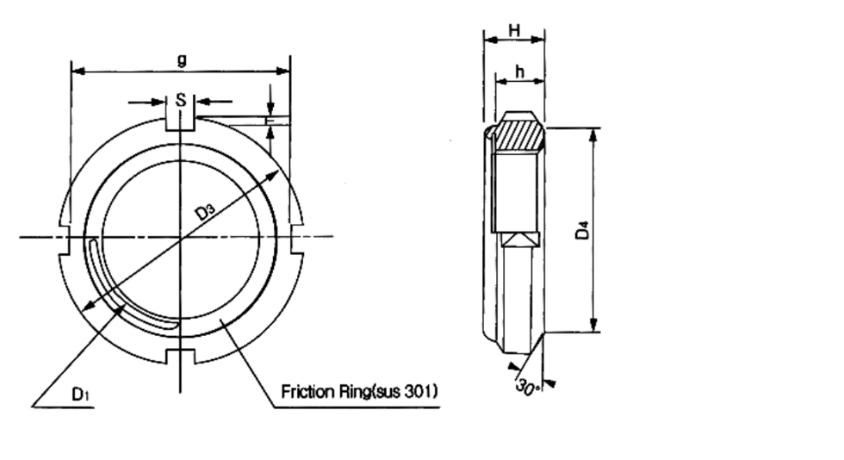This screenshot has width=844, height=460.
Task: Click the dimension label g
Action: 182,59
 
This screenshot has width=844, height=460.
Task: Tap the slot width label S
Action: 181,100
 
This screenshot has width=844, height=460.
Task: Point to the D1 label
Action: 80,395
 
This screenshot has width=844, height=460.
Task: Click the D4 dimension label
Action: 583,231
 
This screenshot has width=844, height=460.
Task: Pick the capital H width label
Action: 515,30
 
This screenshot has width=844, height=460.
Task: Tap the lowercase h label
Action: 519,71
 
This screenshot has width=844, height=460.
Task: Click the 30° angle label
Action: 527,387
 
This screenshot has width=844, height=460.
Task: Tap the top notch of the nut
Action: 180,123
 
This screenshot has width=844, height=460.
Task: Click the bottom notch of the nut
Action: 180,356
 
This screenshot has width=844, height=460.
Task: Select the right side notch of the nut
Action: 297,238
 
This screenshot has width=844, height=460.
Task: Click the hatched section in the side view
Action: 518,134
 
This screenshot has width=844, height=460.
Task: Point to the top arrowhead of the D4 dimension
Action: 593,134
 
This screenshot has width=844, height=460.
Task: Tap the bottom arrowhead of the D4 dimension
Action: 593,325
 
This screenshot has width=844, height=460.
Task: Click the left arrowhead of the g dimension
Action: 78,71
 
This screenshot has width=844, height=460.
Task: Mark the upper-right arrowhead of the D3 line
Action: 272,176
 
